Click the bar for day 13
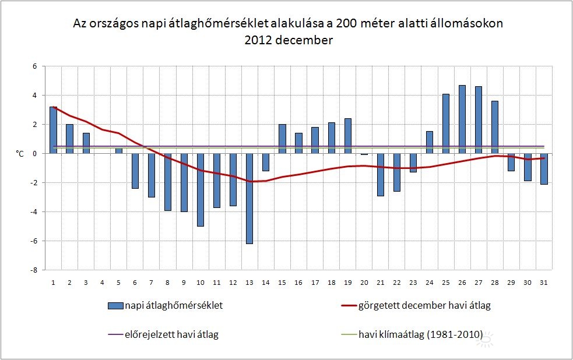click(249, 198)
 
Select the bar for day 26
click(462, 119)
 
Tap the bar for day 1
click(53, 130)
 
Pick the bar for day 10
click(201, 189)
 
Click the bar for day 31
click(544, 169)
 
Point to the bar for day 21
click(380, 174)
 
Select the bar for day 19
click(347, 136)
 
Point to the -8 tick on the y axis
click(34, 270)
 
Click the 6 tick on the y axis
click(34, 66)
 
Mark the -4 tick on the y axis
click(34, 211)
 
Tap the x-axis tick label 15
click(282, 283)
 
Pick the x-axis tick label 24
click(430, 283)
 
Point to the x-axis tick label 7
click(152, 283)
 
